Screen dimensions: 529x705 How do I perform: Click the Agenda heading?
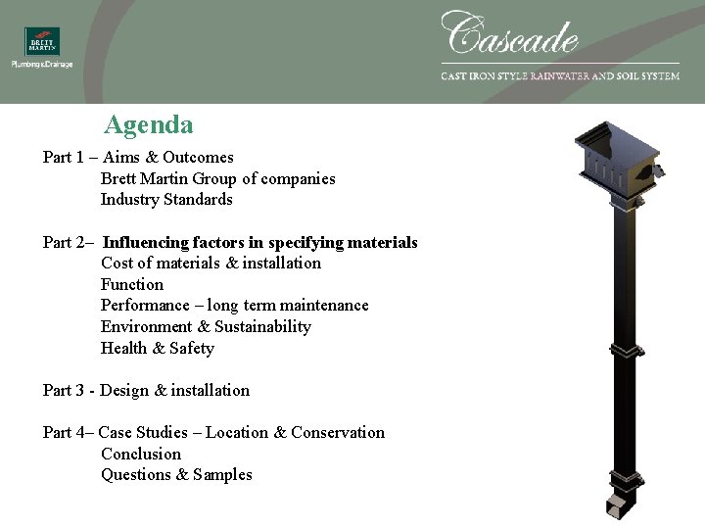point(149,125)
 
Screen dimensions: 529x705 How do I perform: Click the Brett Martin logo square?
point(42,41)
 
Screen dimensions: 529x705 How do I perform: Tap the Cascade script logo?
point(510,34)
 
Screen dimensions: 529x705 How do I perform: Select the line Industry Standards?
point(166,200)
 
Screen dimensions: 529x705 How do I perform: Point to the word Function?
point(132,285)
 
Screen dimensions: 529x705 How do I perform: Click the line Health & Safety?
point(157,349)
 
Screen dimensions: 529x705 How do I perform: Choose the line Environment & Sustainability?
point(206,327)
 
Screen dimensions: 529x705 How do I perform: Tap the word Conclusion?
point(141,455)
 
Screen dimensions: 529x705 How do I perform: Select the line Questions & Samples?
point(176,475)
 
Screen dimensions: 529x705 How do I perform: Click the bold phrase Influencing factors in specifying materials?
point(260,243)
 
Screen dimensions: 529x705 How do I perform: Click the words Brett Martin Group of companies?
point(217,179)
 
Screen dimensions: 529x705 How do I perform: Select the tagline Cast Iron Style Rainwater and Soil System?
point(560,76)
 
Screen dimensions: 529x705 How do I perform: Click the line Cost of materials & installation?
point(211,264)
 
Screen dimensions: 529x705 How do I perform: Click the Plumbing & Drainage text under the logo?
point(42,65)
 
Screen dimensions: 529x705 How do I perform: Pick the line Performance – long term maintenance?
point(235,306)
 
